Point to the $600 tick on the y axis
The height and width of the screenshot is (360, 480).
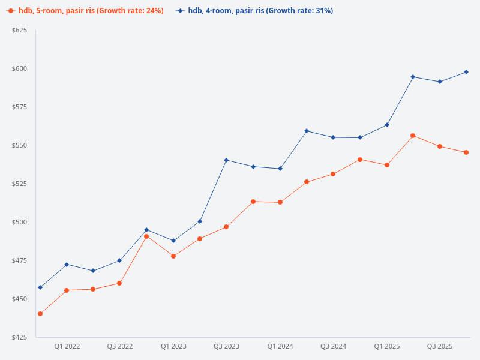tap(20, 68)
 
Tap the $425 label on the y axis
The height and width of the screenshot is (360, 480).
tap(20, 337)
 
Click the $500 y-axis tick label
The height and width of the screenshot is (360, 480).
tap(20, 222)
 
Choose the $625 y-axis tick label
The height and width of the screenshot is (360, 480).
tap(20, 30)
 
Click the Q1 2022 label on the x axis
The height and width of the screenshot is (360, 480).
tap(67, 346)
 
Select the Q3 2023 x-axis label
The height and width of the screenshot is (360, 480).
tap(226, 346)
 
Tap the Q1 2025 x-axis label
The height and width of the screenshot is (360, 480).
tap(386, 346)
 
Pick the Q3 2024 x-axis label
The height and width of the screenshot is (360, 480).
tap(333, 346)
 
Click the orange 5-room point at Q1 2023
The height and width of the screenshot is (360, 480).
tap(173, 256)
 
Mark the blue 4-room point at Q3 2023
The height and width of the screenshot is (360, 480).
tap(226, 160)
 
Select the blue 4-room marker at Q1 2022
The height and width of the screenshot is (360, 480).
tap(67, 265)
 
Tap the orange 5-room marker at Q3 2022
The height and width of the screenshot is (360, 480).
tap(119, 283)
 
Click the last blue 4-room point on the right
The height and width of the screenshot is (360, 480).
tap(466, 72)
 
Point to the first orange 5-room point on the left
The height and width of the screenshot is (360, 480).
tap(40, 314)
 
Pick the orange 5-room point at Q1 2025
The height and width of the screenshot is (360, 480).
tap(386, 165)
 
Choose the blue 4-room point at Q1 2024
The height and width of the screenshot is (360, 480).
tap(280, 169)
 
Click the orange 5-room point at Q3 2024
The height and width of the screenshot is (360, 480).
tap(333, 174)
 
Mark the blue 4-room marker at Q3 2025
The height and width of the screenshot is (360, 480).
tap(440, 82)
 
